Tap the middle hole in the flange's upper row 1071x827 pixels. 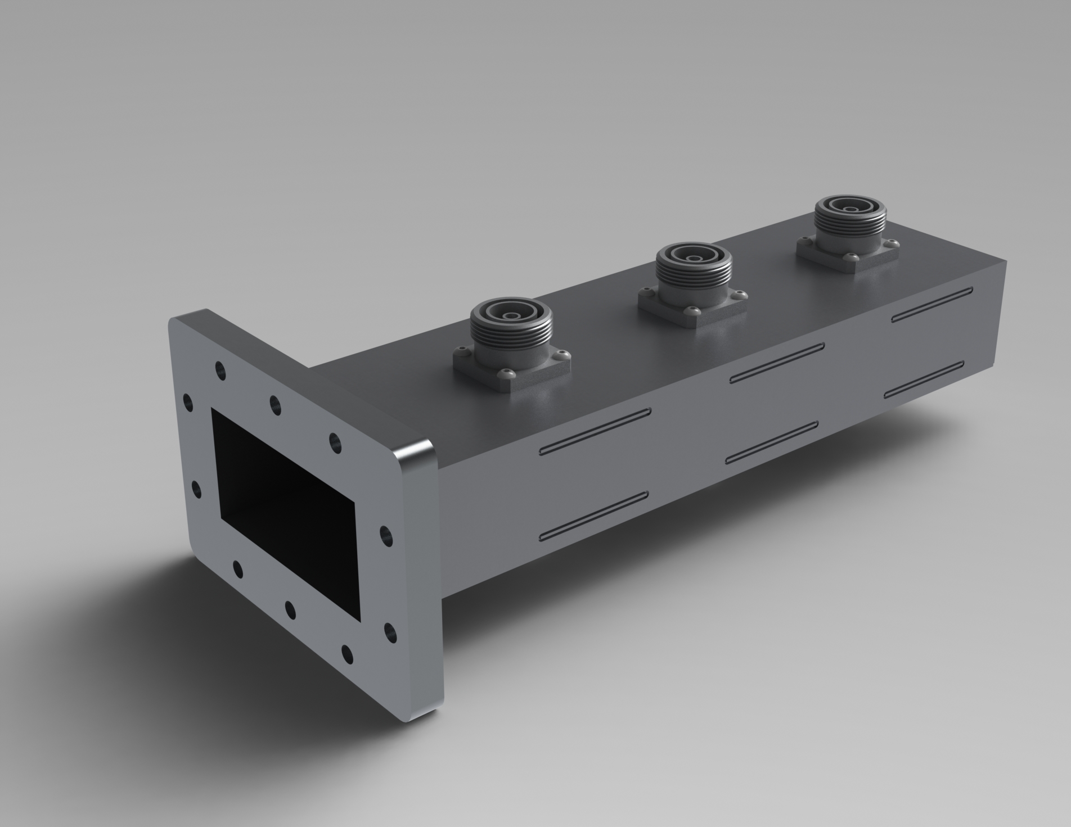click(275, 404)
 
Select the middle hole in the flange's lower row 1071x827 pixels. click(290, 609)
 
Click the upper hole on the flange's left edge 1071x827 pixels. click(188, 403)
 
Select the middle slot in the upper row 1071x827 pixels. click(777, 363)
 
